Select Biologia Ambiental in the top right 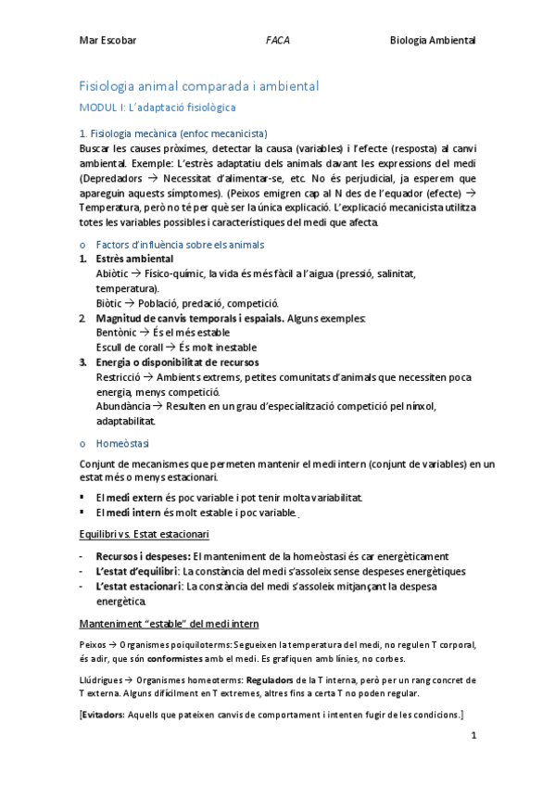click(432, 41)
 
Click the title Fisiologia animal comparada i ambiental click(199, 86)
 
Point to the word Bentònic click(116, 332)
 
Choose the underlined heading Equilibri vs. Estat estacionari click(144, 535)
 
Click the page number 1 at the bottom click(473, 738)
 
